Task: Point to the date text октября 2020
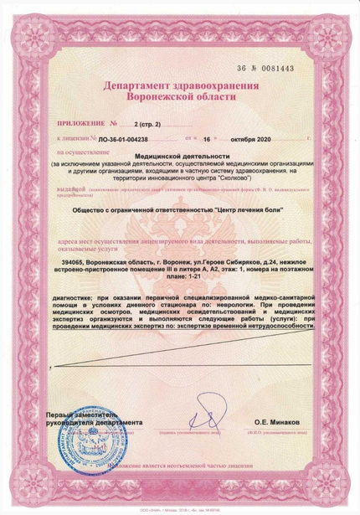click(x=259, y=138)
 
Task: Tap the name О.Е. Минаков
click(x=281, y=425)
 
